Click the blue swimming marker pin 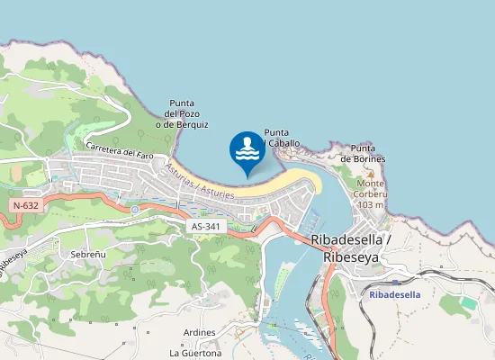coord(247,151)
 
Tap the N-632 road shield coord(25,206)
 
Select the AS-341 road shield coord(205,227)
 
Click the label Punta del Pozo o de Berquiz coord(182,113)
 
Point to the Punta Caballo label coord(282,138)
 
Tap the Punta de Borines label coord(363,153)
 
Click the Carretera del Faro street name coord(120,150)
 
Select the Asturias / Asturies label coord(200,181)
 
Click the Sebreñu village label coord(88,255)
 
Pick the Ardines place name coord(199,332)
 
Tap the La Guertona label coord(195,353)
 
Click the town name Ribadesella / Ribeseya coord(350,247)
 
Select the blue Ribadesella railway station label coord(395,294)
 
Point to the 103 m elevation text coord(371,204)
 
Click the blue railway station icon coord(395,282)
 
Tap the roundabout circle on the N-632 coord(135,210)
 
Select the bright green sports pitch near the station coord(469,303)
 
